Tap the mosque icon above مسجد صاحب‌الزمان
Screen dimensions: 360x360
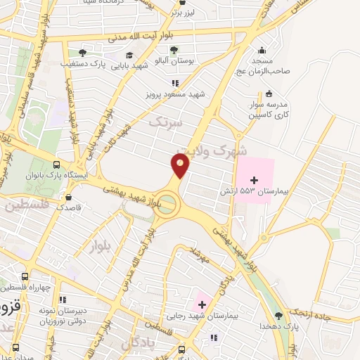(x=262, y=50)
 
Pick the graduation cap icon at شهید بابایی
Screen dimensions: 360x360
(x=129, y=55)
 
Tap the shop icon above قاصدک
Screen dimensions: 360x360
(x=68, y=197)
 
